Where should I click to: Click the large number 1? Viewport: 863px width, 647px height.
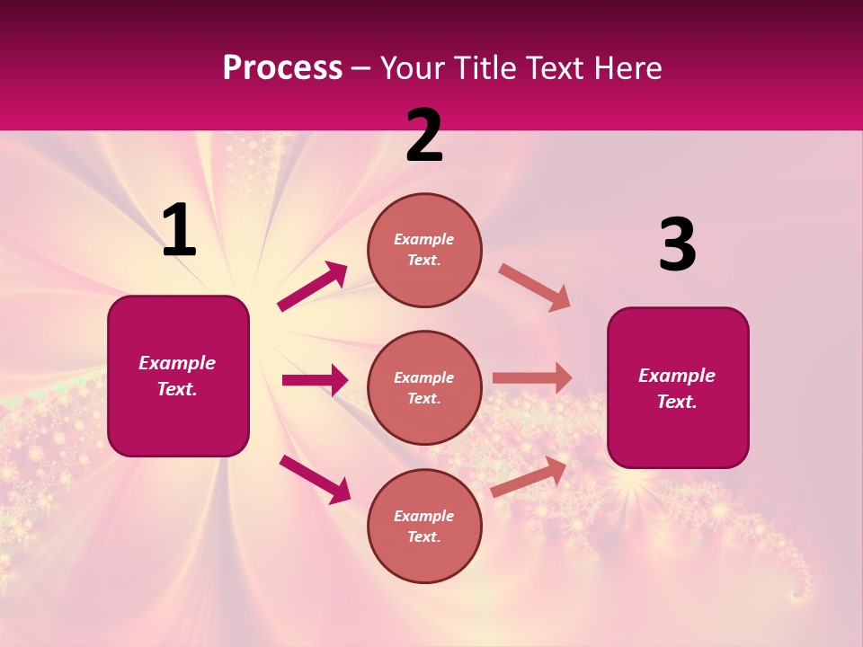179,231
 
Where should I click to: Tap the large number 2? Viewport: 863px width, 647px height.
424,136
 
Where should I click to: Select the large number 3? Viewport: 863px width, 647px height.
677,245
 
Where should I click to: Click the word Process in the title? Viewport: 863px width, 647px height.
282,67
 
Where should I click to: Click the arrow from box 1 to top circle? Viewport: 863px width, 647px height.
313,286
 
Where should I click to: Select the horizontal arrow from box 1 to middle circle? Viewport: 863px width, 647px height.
315,380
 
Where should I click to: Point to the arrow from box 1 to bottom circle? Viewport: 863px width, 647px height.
315,478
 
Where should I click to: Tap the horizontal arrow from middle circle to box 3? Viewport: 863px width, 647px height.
532,378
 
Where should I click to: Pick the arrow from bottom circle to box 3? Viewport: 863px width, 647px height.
529,476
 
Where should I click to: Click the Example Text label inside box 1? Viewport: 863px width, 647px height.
177,376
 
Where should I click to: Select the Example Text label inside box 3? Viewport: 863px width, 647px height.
677,388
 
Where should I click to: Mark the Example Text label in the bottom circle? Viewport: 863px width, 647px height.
424,526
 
